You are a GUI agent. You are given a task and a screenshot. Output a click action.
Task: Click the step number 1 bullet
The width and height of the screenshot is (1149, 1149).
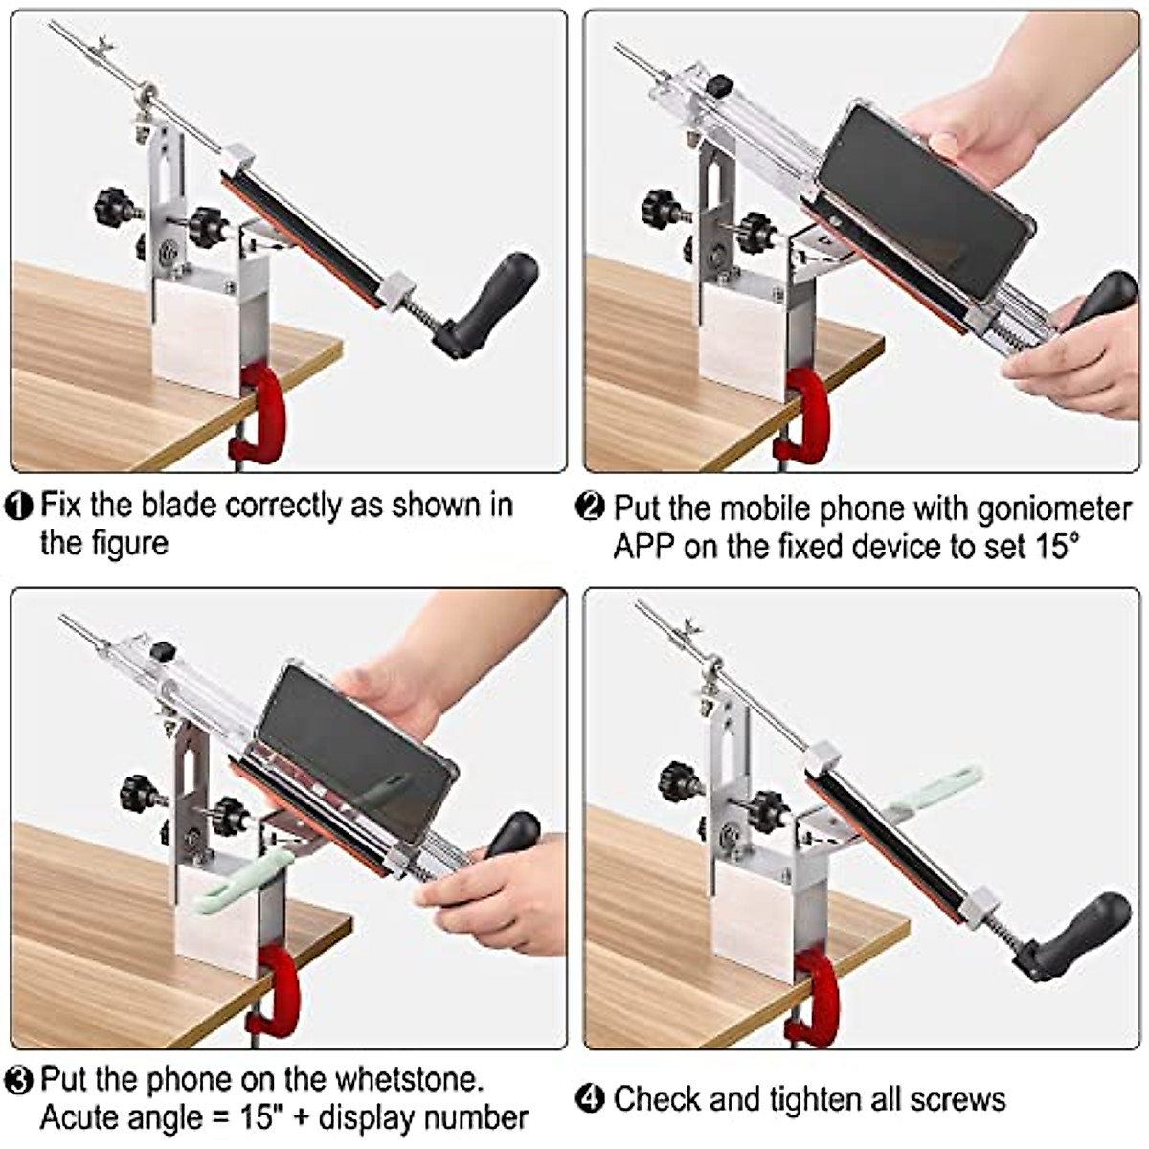(x=19, y=506)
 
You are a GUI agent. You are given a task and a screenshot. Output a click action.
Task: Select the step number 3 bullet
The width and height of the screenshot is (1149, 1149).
(x=19, y=1080)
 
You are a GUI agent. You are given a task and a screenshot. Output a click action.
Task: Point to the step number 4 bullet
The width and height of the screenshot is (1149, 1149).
(x=593, y=1098)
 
